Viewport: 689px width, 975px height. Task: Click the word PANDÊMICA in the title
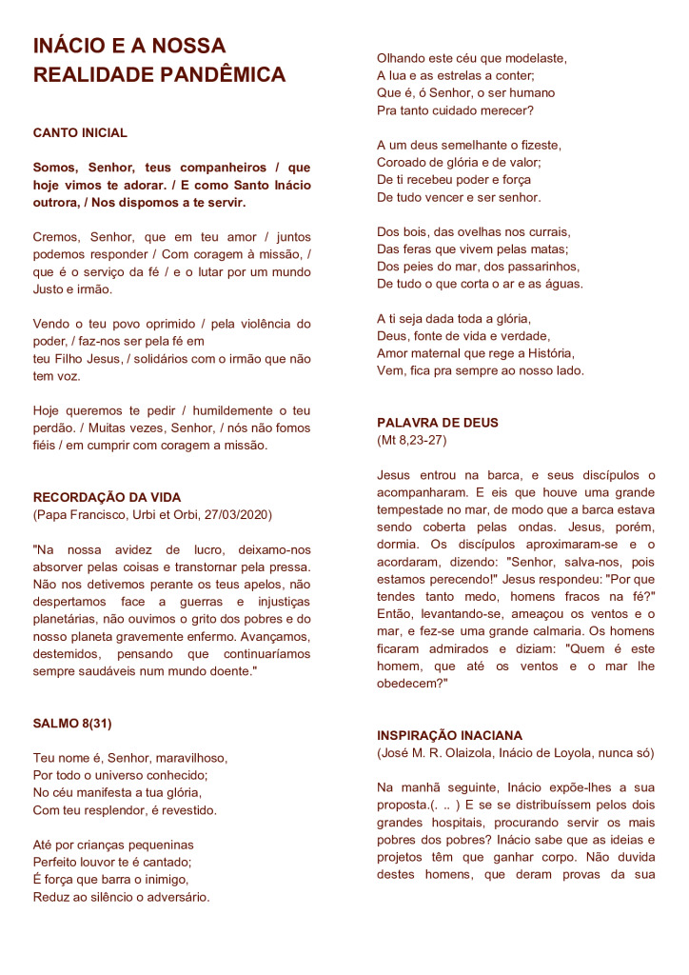pos(223,75)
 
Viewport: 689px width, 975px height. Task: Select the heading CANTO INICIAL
pos(80,133)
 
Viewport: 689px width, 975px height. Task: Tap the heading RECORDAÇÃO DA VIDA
pos(107,497)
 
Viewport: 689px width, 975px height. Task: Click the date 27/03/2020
pos(237,514)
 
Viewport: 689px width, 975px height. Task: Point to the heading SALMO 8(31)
pos(72,723)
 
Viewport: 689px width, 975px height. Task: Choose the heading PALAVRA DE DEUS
pos(438,423)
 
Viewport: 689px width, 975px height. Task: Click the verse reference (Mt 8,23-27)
pos(412,440)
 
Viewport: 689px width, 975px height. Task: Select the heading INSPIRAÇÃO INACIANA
pos(450,736)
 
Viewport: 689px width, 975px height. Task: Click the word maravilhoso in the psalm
pos(191,758)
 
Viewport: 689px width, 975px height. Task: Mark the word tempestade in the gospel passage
pos(413,509)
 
